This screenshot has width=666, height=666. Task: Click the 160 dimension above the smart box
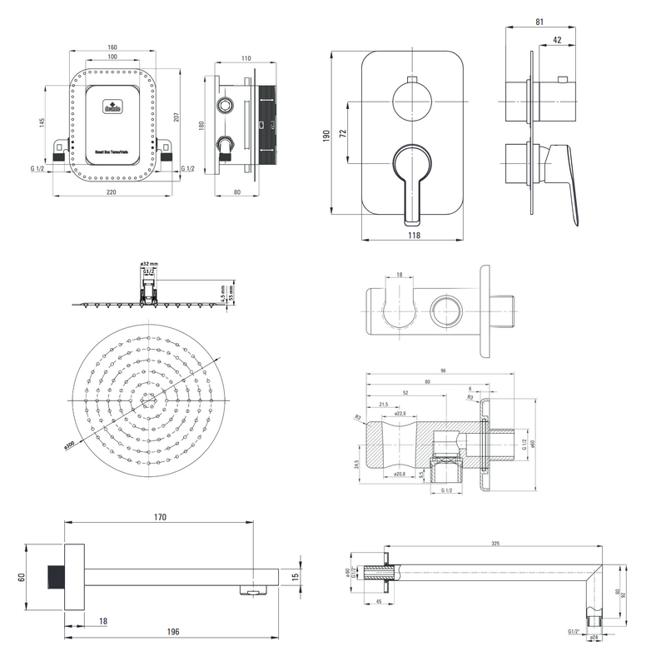[x=112, y=47]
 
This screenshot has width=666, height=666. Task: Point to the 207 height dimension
[x=176, y=117]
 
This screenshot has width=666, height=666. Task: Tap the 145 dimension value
[x=42, y=122]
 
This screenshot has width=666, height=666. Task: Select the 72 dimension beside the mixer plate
[x=341, y=133]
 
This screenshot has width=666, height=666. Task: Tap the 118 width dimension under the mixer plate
[x=414, y=236]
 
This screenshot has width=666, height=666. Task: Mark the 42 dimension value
[x=556, y=39]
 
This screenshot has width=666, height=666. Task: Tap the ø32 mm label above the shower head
[x=149, y=263]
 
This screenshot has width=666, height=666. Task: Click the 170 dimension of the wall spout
[x=160, y=517]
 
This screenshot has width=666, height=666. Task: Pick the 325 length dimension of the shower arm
[x=495, y=544]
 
